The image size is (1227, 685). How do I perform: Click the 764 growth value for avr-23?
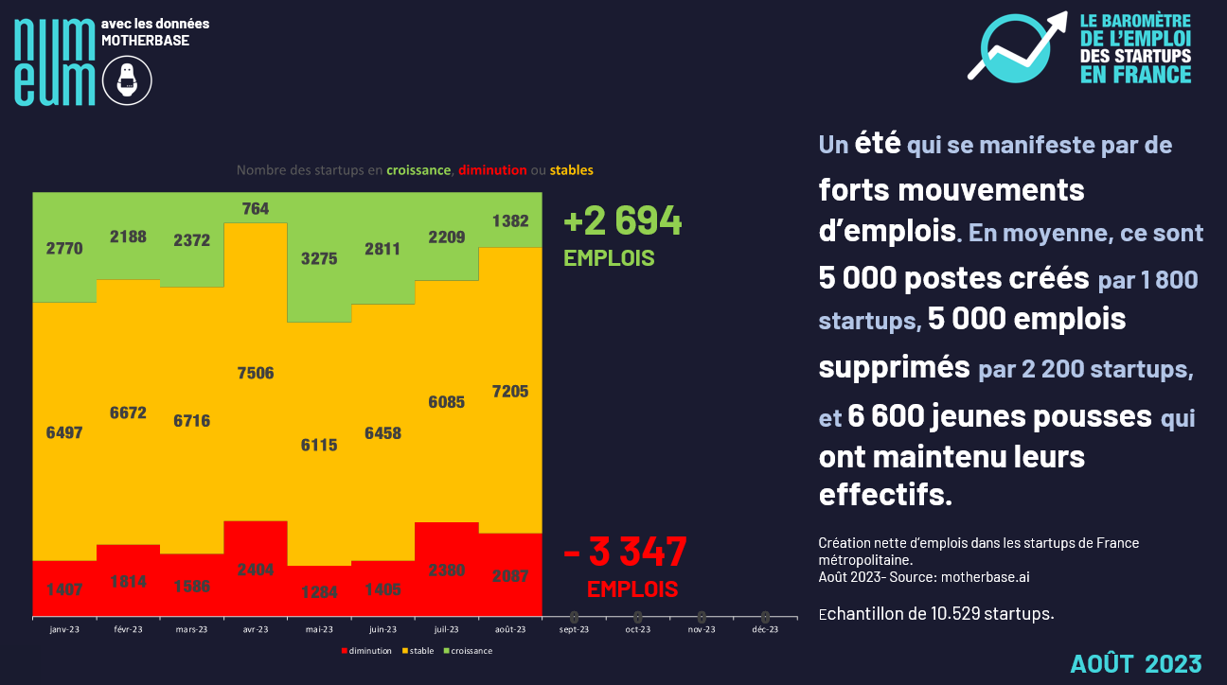pos(256,208)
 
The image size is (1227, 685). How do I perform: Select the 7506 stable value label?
pos(256,373)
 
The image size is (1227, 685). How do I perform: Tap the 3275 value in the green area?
pos(319,258)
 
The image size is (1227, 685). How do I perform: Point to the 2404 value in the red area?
pos(256,570)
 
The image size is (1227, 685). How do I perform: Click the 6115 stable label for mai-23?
pos(319,444)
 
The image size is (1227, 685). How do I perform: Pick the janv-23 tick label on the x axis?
pos(64,629)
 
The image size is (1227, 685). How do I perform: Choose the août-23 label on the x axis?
pos(510,629)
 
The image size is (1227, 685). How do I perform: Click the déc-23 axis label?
pos(765,629)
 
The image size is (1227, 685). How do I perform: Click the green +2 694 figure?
pos(622,221)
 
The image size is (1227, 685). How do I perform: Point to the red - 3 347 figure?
pos(625,552)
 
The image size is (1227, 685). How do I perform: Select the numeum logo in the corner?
pos(55,61)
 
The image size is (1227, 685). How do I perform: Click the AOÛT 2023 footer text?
pos(1136,663)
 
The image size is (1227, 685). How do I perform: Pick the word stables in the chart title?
pos(571,170)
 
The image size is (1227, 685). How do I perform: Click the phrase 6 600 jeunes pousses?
pos(1000,415)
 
